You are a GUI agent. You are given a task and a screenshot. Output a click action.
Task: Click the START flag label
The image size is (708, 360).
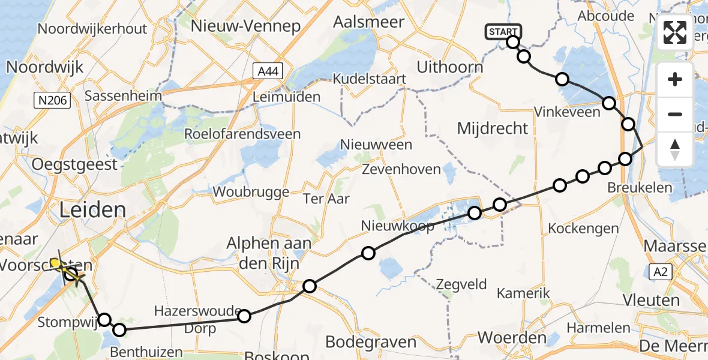point(503,32)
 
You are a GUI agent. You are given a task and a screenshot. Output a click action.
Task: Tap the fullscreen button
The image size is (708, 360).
point(675,32)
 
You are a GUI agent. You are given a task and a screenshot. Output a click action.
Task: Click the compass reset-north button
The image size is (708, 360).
point(675,149)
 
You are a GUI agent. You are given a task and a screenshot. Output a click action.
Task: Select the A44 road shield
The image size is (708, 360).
point(268,72)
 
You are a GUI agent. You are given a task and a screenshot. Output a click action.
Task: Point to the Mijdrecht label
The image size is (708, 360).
point(493,128)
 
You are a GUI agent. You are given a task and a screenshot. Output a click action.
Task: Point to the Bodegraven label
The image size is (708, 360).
point(371,342)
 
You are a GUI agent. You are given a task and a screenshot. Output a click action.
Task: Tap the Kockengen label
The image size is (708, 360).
point(583,229)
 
